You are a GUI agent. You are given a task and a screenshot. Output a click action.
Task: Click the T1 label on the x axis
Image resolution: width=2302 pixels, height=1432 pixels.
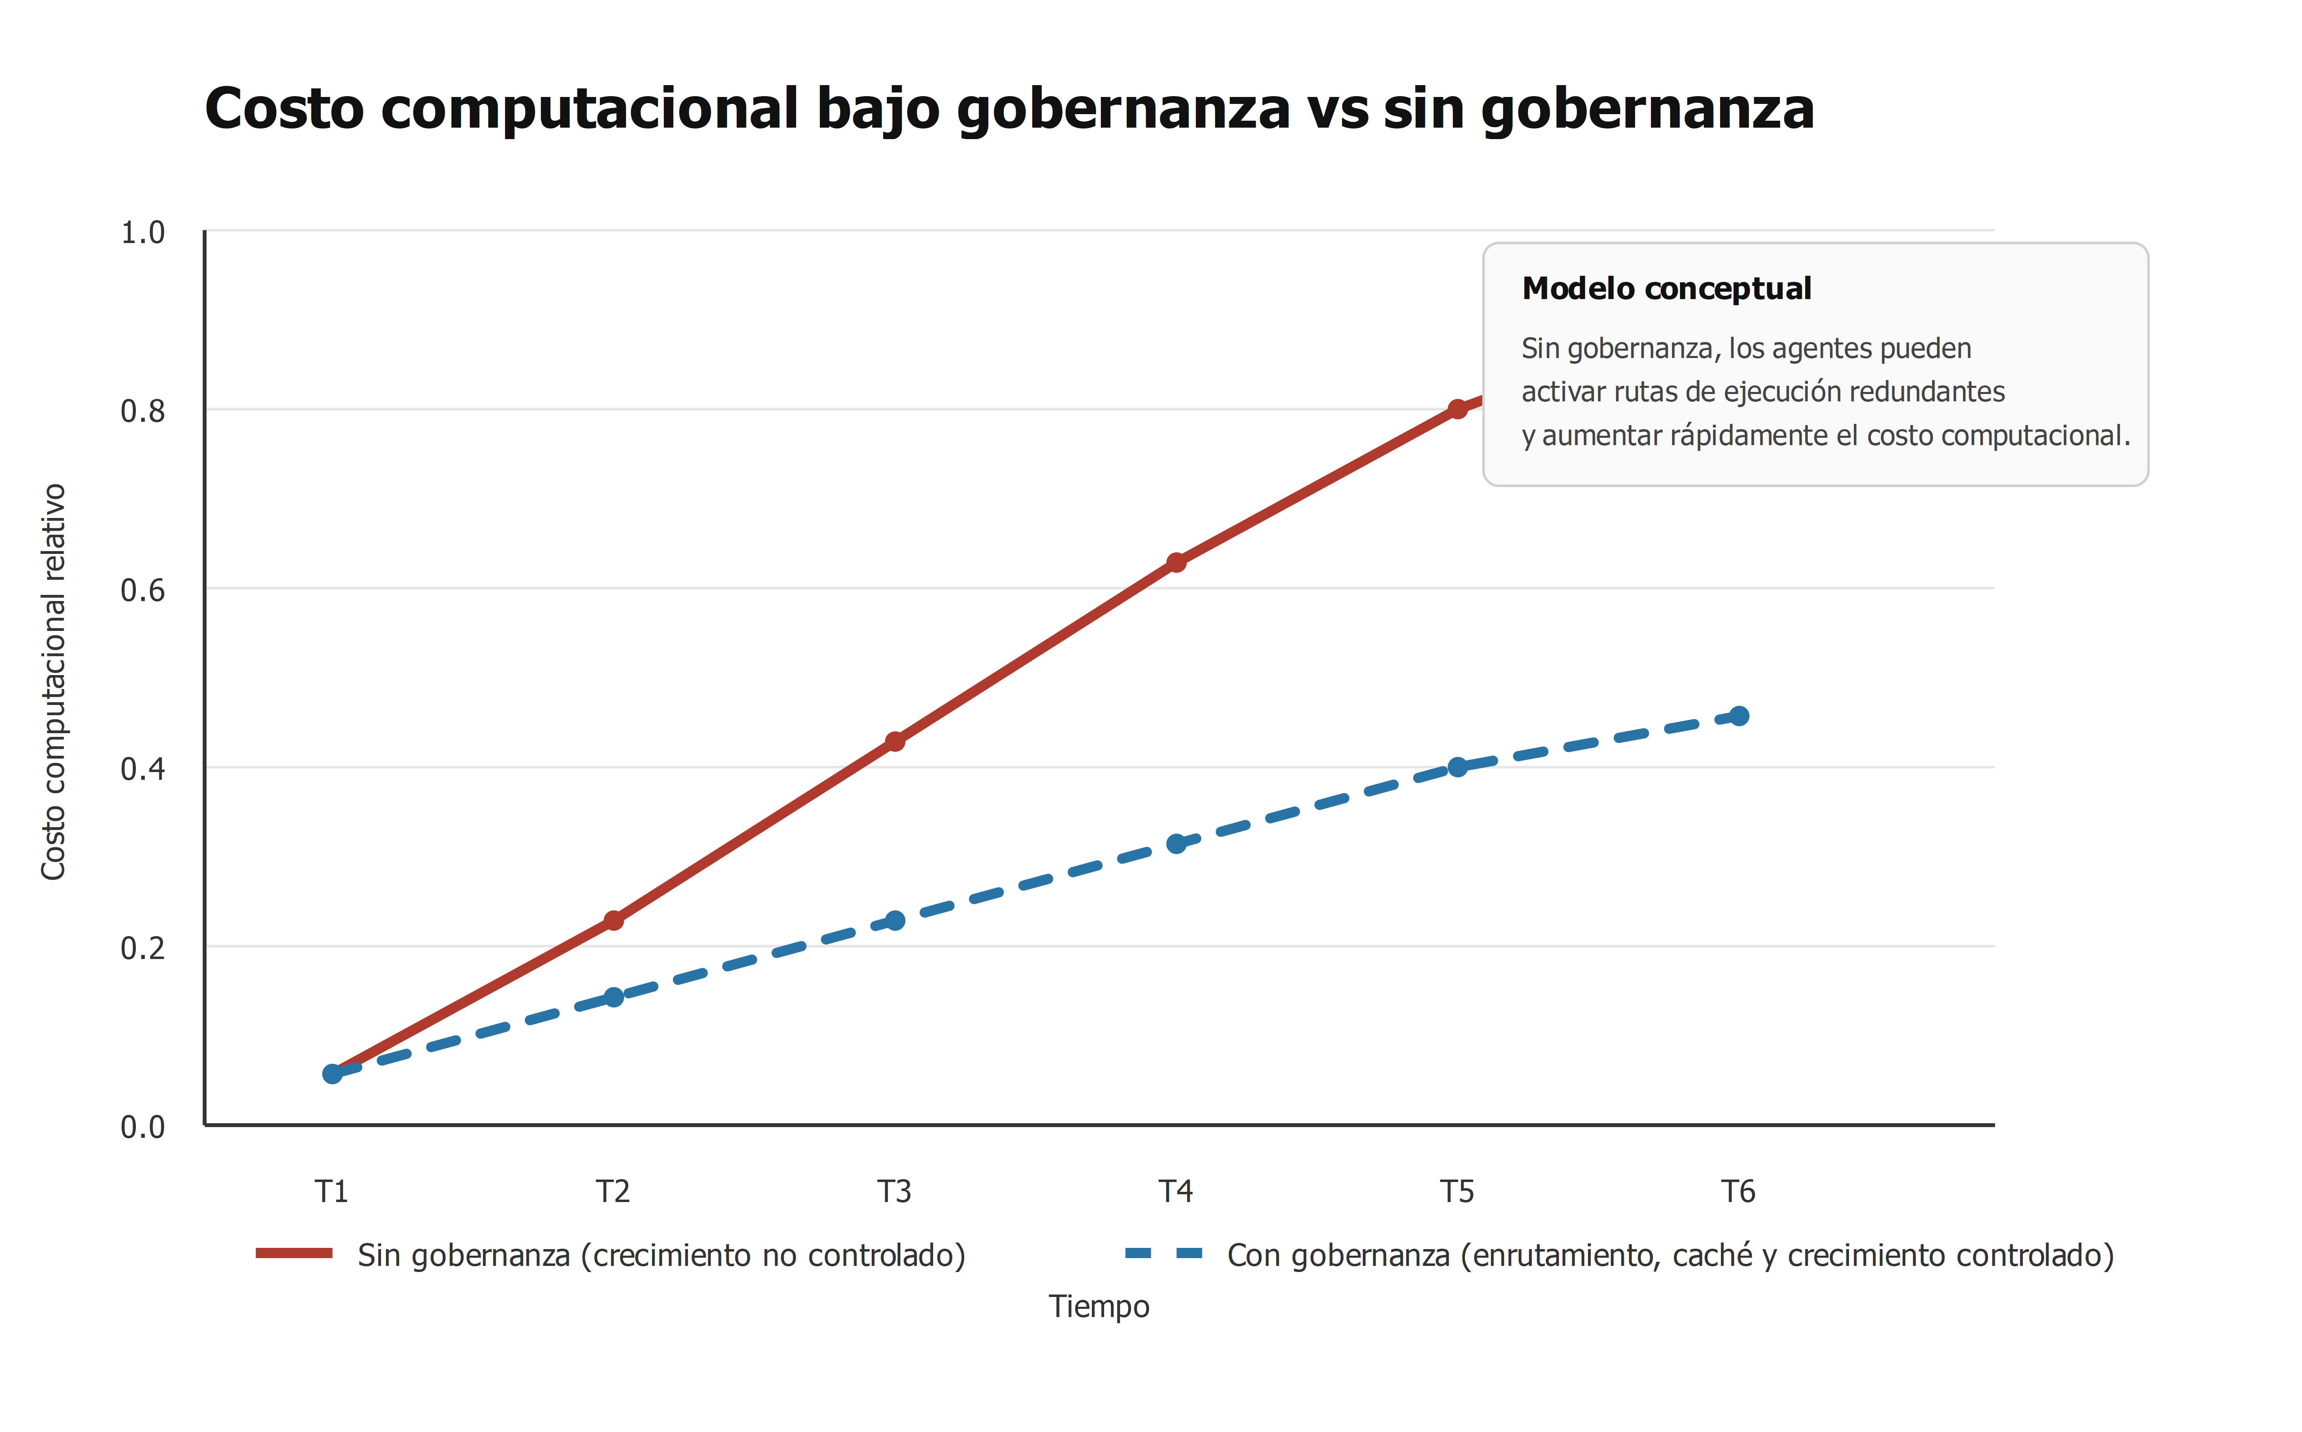click(331, 1191)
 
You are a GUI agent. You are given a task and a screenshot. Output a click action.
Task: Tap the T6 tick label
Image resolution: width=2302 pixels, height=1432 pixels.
click(1738, 1191)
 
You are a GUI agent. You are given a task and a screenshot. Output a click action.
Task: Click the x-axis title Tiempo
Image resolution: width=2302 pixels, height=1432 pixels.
click(1099, 1307)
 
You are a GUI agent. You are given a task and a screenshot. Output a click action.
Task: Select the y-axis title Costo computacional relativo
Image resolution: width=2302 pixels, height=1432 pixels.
click(53, 682)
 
